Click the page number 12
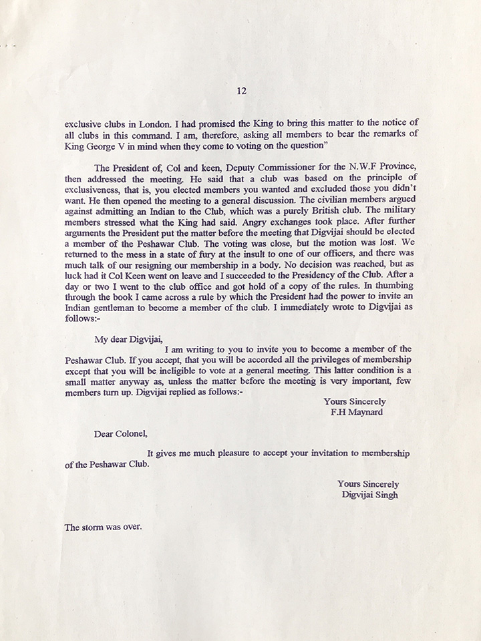pos(241,91)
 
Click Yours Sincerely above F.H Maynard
pos(354,401)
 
